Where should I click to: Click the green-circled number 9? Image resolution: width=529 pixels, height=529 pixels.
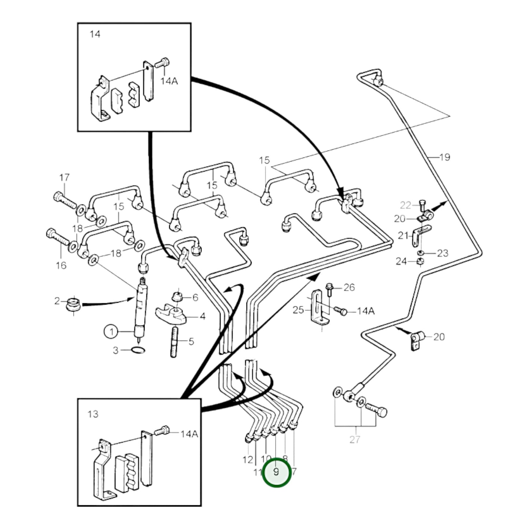pyautogui.click(x=277, y=472)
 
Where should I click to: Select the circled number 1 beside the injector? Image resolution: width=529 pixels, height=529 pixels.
pyautogui.click(x=111, y=332)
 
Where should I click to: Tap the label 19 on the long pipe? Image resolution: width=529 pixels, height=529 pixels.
pyautogui.click(x=444, y=157)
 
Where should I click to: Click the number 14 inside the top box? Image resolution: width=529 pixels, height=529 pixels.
pyautogui.click(x=95, y=34)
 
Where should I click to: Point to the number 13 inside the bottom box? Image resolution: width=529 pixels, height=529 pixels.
pyautogui.click(x=93, y=414)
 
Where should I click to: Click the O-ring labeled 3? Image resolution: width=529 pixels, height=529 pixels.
pyautogui.click(x=138, y=350)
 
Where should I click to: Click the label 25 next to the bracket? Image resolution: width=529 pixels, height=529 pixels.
pyautogui.click(x=298, y=310)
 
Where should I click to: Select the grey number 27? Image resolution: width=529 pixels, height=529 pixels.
pyautogui.click(x=355, y=439)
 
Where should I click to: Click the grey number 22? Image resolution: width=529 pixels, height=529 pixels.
pyautogui.click(x=406, y=205)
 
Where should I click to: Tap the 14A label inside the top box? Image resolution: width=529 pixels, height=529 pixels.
pyautogui.click(x=169, y=81)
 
